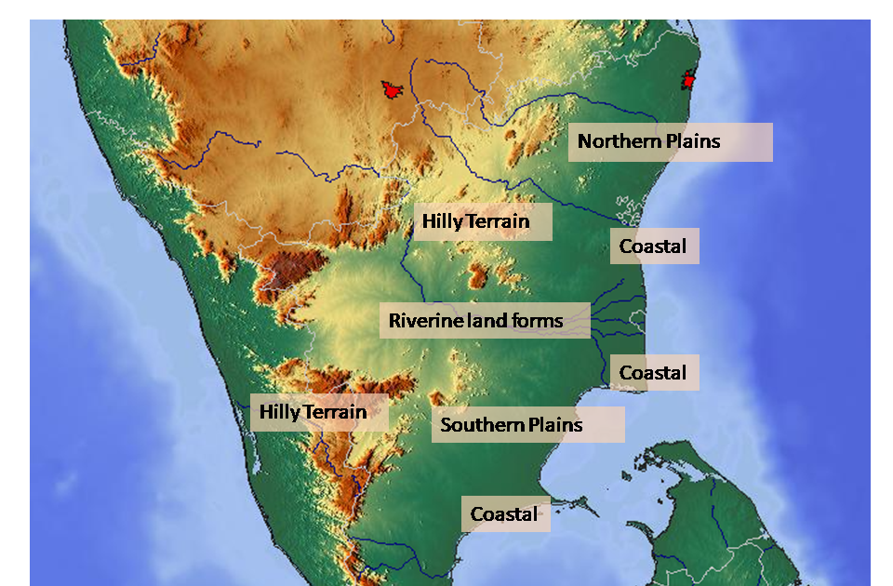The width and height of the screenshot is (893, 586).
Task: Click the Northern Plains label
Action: (x=670, y=142)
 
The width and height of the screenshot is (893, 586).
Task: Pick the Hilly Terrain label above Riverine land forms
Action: (x=483, y=222)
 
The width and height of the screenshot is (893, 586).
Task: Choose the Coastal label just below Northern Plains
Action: (x=654, y=246)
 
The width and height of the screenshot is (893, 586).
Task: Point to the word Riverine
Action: (x=421, y=322)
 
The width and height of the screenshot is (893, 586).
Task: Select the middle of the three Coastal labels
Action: (x=654, y=373)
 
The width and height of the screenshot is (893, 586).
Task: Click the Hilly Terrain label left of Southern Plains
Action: (x=318, y=411)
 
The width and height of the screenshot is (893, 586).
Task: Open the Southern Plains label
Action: (x=526, y=425)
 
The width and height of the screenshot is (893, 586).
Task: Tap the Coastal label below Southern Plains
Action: (x=505, y=514)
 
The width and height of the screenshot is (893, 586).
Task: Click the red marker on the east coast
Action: (x=688, y=81)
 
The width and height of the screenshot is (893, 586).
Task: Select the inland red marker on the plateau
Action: (x=392, y=90)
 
